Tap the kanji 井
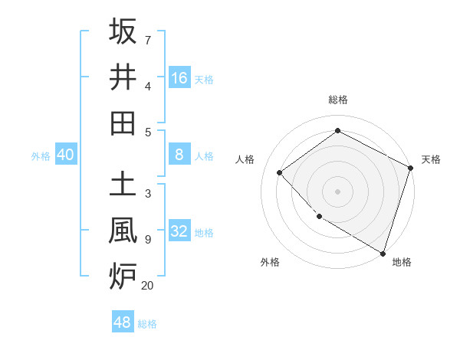click(x=123, y=77)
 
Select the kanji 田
click(x=123, y=123)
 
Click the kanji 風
click(x=123, y=231)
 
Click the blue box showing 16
click(x=179, y=77)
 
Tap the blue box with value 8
click(x=179, y=155)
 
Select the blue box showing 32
click(x=179, y=232)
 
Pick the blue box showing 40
click(x=65, y=155)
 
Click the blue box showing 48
click(x=122, y=322)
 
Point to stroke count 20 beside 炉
click(x=147, y=286)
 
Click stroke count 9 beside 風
click(x=147, y=240)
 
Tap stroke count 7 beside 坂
click(x=147, y=40)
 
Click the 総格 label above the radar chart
click(x=337, y=100)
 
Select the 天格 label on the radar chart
click(x=431, y=159)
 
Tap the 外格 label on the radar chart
click(x=270, y=262)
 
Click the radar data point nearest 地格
click(x=383, y=252)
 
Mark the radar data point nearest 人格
click(x=280, y=173)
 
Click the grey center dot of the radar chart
click(x=337, y=191)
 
